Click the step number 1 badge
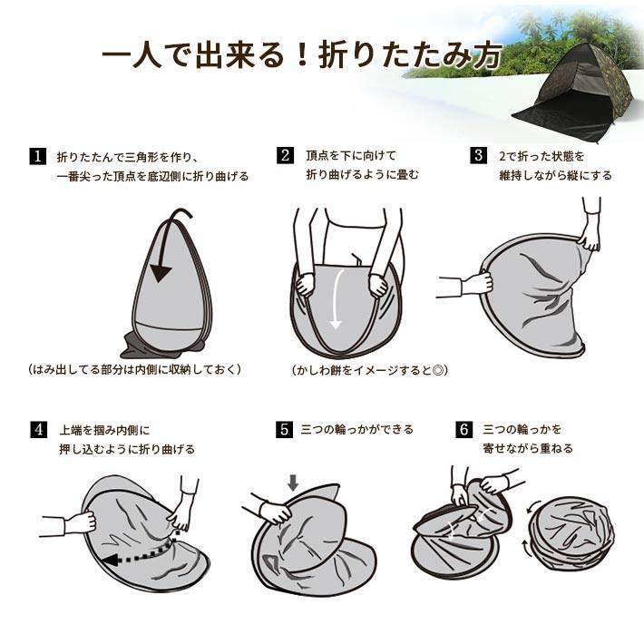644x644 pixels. [x=38, y=157]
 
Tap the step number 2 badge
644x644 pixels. [x=285, y=155]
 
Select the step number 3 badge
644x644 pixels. [x=479, y=155]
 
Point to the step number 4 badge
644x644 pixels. [x=39, y=430]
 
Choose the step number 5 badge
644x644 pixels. [x=284, y=430]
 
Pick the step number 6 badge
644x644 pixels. [x=463, y=430]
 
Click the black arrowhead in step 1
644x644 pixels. [x=161, y=273]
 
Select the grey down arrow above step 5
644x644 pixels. [x=293, y=483]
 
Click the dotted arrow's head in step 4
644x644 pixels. [x=108, y=560]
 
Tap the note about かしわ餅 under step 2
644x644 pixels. [x=369, y=370]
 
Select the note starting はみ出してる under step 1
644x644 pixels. [x=134, y=369]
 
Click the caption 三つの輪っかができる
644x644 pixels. [x=356, y=429]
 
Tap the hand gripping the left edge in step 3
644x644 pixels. [x=477, y=283]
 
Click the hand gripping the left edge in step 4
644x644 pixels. [x=81, y=522]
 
